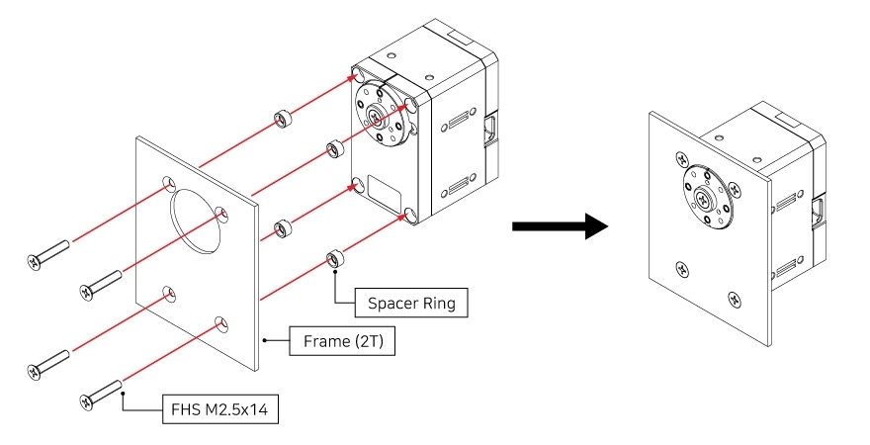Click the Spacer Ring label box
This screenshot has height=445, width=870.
(411, 303)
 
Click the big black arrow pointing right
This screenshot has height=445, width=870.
(559, 226)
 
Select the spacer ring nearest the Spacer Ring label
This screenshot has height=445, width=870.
(333, 259)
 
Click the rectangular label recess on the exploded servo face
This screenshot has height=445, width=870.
(382, 188)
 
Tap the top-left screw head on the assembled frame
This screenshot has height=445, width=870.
(681, 157)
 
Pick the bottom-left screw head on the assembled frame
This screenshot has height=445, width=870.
(681, 267)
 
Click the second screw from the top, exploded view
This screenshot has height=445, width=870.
(101, 283)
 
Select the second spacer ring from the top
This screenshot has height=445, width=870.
(333, 149)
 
